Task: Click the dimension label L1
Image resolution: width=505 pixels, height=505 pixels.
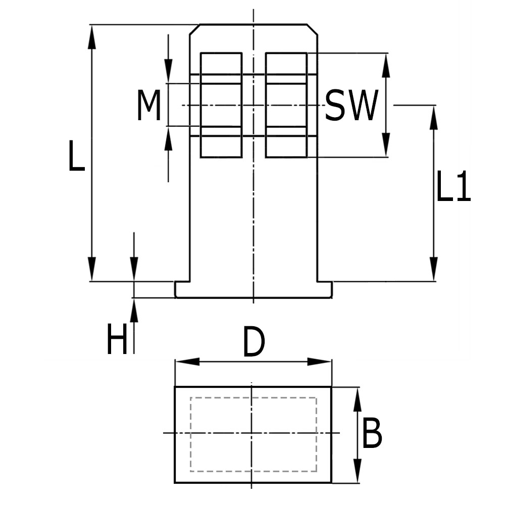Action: point(453,186)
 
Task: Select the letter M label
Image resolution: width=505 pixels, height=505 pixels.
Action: point(149,105)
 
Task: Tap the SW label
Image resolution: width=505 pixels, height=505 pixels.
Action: point(351,106)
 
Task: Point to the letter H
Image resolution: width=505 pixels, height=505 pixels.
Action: point(117,340)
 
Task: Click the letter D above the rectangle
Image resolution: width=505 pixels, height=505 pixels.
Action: point(254,342)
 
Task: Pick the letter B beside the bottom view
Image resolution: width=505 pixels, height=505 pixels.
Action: point(372,433)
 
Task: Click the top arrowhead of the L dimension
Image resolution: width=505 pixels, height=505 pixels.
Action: point(91,38)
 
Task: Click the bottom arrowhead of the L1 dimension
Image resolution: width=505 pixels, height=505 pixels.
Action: point(434,268)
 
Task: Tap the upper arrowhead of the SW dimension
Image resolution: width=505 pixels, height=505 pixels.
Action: point(386,66)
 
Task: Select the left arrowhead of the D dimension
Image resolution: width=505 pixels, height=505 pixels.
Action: point(187,362)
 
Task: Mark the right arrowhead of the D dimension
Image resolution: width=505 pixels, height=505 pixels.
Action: point(319,362)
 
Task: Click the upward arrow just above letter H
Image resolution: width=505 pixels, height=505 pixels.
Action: point(134,311)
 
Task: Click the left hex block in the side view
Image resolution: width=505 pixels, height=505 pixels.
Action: point(221,105)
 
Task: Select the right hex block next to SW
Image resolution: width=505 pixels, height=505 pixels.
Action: point(286,105)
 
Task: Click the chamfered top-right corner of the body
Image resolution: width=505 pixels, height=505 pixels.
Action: point(313,29)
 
